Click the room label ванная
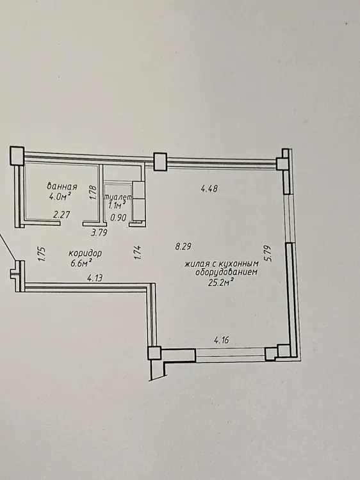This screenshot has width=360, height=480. coord(62,186)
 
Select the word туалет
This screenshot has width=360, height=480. coord(119,197)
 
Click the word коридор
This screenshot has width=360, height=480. coord(85,253)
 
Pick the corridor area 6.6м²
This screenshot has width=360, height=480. coord(81,263)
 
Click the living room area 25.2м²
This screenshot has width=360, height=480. coord(219,282)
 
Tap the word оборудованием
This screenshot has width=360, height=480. coord(227,272)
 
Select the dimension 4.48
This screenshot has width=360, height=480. coord(209,188)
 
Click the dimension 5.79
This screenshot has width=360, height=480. coord(269,253)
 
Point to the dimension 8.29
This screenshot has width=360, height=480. coord(183,246)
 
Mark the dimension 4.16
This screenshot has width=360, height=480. coord(221,340)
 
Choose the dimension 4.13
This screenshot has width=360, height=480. coord(95,278)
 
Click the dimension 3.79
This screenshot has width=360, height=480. coord(99,233)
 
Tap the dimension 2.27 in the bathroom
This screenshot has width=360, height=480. coord(61,214)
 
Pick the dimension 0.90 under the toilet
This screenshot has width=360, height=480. coord(119,218)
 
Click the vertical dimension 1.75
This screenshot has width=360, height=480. coord(42,254)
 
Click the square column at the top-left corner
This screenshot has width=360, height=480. coord(17,156)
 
